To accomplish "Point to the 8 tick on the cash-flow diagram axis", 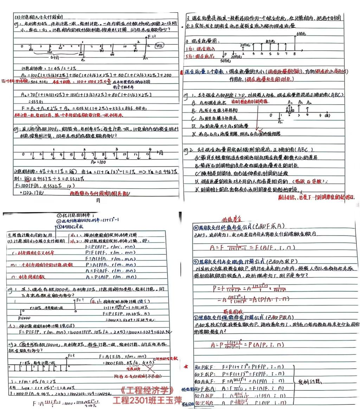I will tap(294, 54).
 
